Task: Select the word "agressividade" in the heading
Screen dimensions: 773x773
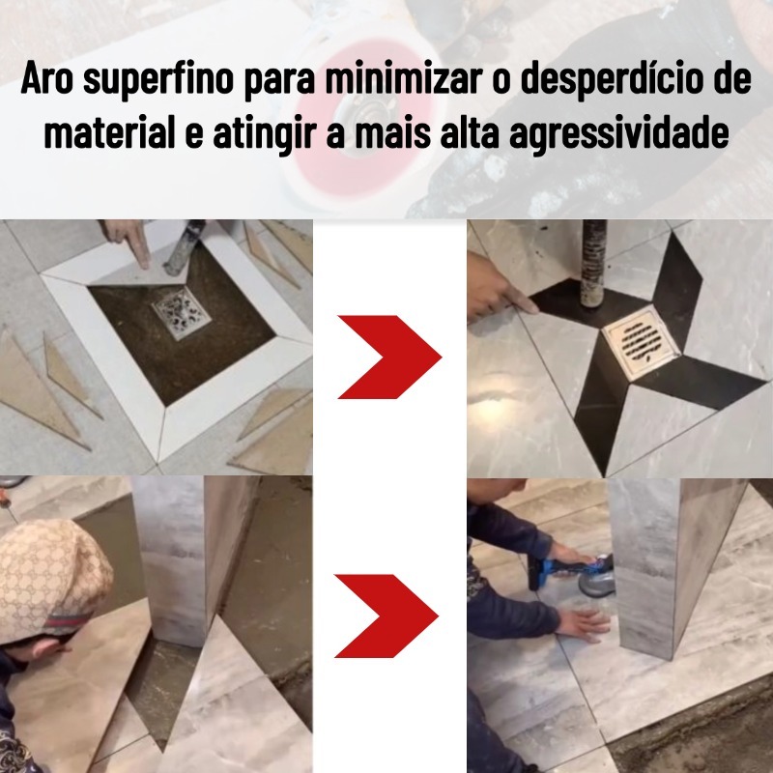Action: pyautogui.click(x=618, y=133)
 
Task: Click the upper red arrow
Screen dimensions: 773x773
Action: pyautogui.click(x=389, y=357)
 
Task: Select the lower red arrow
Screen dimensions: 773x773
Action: pyautogui.click(x=386, y=616)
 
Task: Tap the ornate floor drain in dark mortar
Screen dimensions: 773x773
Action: pyautogui.click(x=181, y=312)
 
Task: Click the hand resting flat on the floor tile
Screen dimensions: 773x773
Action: pyautogui.click(x=585, y=623)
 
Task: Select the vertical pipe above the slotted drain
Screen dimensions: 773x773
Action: pyautogui.click(x=593, y=264)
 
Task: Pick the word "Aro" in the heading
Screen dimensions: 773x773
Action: pyautogui.click(x=46, y=78)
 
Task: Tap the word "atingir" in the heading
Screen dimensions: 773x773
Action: pyautogui.click(x=264, y=133)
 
